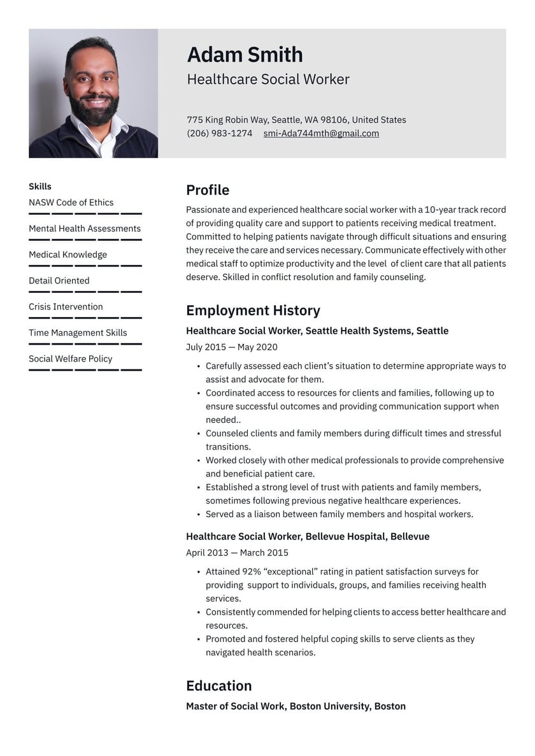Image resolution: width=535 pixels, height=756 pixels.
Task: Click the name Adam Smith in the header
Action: (245, 55)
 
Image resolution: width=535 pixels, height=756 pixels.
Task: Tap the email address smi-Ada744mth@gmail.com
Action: (321, 134)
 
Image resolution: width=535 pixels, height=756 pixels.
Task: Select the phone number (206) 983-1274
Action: (219, 134)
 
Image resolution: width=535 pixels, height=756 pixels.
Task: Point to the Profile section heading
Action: (208, 190)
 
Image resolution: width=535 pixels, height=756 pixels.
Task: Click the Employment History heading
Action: (253, 311)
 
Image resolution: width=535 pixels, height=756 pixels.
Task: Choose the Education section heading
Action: (218, 686)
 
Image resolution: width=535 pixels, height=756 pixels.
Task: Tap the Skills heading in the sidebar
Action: (40, 187)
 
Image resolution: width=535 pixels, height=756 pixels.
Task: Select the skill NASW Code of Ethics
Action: (71, 203)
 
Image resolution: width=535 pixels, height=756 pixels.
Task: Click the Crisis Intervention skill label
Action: (66, 307)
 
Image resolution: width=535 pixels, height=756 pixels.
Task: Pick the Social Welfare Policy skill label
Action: (70, 359)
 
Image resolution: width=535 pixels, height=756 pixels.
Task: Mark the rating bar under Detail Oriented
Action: (85, 292)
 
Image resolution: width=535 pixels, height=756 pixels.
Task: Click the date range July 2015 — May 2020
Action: (231, 347)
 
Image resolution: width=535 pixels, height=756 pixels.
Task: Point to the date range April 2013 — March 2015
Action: (237, 553)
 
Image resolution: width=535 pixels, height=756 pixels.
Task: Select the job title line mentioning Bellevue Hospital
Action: (308, 536)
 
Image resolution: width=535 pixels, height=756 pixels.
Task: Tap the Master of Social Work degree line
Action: (296, 706)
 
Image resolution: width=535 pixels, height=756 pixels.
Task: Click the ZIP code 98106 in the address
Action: (334, 120)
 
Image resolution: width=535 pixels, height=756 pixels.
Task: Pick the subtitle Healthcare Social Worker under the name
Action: (268, 80)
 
